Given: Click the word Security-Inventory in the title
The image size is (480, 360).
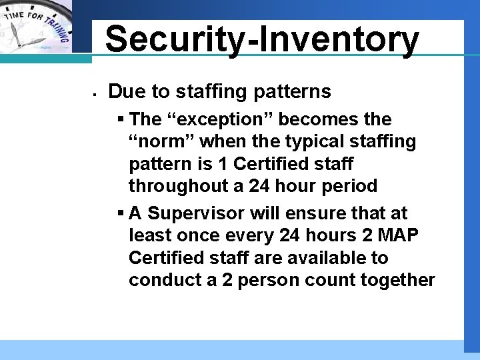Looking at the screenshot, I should tap(262, 39).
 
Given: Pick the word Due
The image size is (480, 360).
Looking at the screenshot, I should tap(124, 91).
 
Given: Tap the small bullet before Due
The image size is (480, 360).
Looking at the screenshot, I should tap(96, 93).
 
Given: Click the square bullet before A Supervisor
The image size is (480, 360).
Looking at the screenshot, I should tap(121, 213).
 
